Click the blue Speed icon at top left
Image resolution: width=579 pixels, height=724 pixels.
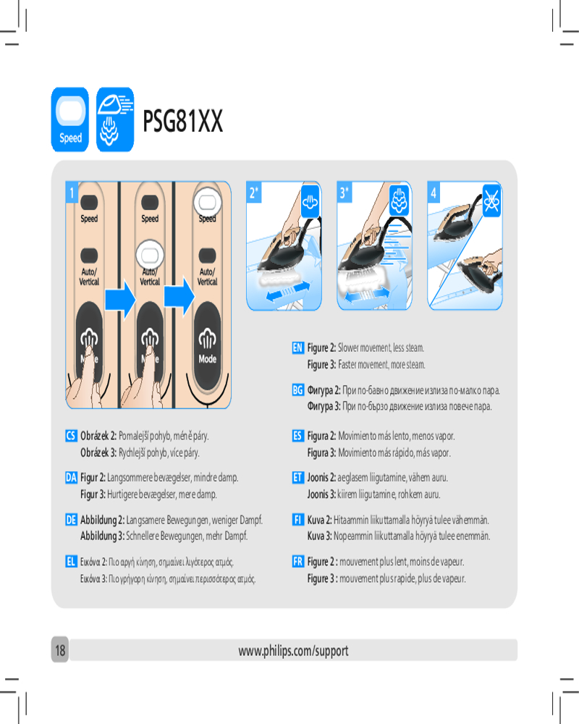69,119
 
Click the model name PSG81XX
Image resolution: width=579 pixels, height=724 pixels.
183,121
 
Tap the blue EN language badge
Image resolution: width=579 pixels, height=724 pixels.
297,348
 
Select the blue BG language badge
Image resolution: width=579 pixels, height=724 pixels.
297,390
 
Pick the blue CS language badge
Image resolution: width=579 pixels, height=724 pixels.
71,435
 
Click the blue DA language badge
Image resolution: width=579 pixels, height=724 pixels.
71,477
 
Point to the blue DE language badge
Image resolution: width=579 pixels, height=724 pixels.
71,520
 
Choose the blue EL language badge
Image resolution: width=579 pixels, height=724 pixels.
71,562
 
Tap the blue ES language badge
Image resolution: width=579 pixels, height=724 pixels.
297,435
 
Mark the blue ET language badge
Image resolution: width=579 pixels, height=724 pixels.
297,477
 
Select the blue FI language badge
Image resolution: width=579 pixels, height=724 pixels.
297,520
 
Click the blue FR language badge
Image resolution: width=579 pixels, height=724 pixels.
297,562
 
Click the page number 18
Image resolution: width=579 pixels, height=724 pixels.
60,650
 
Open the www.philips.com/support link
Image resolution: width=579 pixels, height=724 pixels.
293,651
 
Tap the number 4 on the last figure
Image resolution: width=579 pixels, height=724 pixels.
434,193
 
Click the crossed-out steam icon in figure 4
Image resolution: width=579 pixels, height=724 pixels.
491,201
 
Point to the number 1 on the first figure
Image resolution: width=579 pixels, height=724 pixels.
72,193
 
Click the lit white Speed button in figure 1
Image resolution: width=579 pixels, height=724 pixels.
207,202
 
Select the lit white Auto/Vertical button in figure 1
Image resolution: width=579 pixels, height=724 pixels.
150,254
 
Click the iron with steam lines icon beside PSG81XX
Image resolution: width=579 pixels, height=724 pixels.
115,119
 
